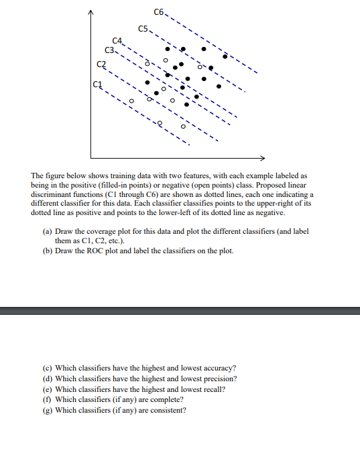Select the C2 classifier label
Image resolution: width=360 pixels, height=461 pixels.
[x=101, y=64]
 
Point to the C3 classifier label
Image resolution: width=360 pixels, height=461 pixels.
[x=109, y=50]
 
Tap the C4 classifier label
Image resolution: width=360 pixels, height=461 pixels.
[x=117, y=43]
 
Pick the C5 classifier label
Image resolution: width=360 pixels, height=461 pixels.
[x=143, y=28]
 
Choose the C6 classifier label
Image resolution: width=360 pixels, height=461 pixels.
[x=159, y=12]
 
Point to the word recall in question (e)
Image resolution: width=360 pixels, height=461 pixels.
[x=208, y=389]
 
